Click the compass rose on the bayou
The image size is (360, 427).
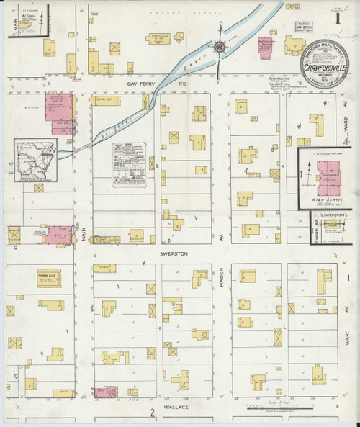click(x=220, y=49)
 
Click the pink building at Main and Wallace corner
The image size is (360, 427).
click(x=104, y=392)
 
